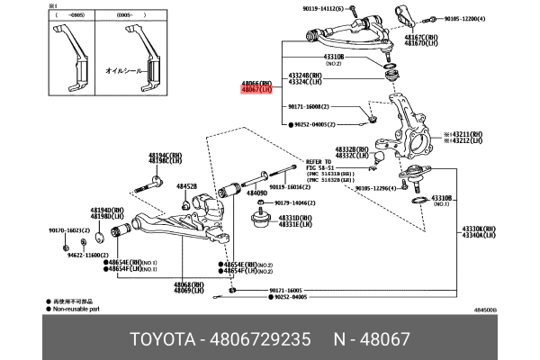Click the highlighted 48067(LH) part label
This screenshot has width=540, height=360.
click(x=256, y=89)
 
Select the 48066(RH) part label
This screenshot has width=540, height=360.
click(x=256, y=82)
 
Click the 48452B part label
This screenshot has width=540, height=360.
click(x=186, y=186)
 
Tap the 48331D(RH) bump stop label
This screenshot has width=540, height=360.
click(x=294, y=218)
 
